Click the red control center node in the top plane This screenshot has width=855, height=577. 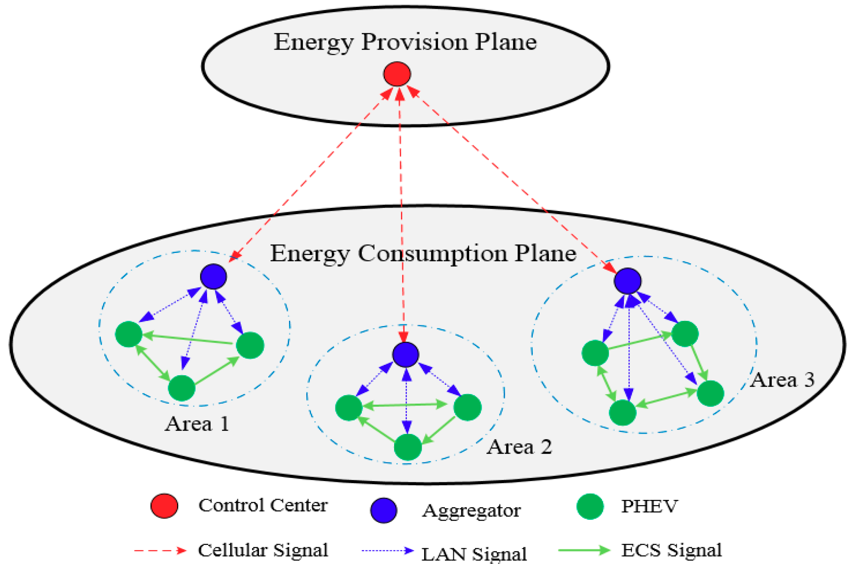coord(397,74)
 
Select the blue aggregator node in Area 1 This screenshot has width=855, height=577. coord(213,277)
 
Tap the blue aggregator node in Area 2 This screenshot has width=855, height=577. coord(406,354)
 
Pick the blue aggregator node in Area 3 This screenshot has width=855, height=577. coord(628,281)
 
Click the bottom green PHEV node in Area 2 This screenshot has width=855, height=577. coord(408,447)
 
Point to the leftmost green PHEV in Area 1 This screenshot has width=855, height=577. coord(129,334)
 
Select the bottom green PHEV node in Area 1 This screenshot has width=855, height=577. coord(182,388)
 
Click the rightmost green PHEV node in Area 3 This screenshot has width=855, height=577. coord(710,394)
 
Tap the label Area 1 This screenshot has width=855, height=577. coord(197,424)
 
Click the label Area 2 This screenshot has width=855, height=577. coord(519,447)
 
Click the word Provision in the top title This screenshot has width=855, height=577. coord(415,42)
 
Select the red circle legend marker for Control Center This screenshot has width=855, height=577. coord(164,506)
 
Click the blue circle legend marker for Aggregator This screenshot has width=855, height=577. coord(383,510)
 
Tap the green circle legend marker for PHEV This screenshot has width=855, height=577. coord(590,507)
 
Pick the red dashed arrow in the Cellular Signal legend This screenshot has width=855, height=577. coord(160,551)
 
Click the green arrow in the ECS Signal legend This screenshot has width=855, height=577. coord(584,550)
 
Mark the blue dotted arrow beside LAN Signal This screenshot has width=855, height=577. coord(387,551)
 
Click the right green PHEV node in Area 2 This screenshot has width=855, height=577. coord(468,408)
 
